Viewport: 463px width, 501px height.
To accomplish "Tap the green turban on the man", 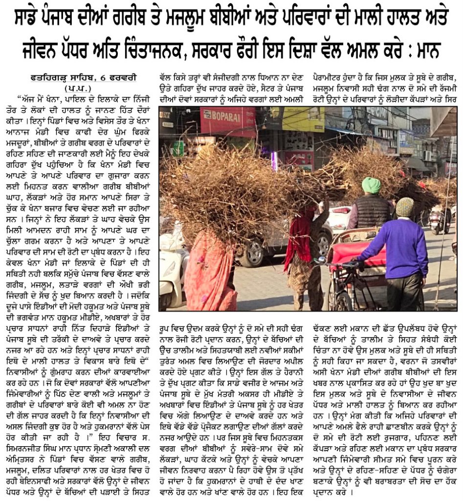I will [x=371, y=185].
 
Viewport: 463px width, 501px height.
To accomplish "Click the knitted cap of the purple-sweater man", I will [x=404, y=207].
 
